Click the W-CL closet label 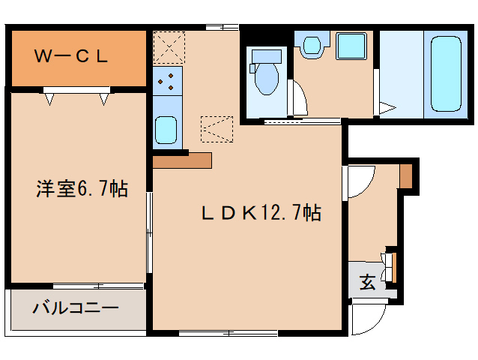click(x=74, y=56)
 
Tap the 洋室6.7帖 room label click(x=82, y=189)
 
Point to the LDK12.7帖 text click(x=261, y=213)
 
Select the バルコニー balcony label click(x=74, y=308)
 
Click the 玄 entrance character click(x=367, y=283)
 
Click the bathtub click(x=446, y=73)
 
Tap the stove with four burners click(x=167, y=82)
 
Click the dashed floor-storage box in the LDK click(x=218, y=129)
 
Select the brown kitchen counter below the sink click(x=182, y=160)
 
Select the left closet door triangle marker click(x=49, y=96)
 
